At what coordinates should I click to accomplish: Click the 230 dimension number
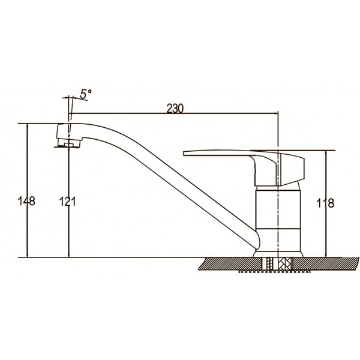(x=175, y=109)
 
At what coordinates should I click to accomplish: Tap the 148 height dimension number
(x=26, y=201)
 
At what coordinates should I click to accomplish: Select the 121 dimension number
(x=67, y=202)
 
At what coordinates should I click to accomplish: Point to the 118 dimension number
(x=325, y=203)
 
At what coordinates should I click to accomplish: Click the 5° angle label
(x=86, y=94)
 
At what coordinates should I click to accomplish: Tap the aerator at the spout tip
(x=68, y=143)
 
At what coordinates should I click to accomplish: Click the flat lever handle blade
(x=230, y=154)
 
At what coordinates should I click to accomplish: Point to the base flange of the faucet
(x=278, y=254)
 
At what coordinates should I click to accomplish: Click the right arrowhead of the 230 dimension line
(x=275, y=113)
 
